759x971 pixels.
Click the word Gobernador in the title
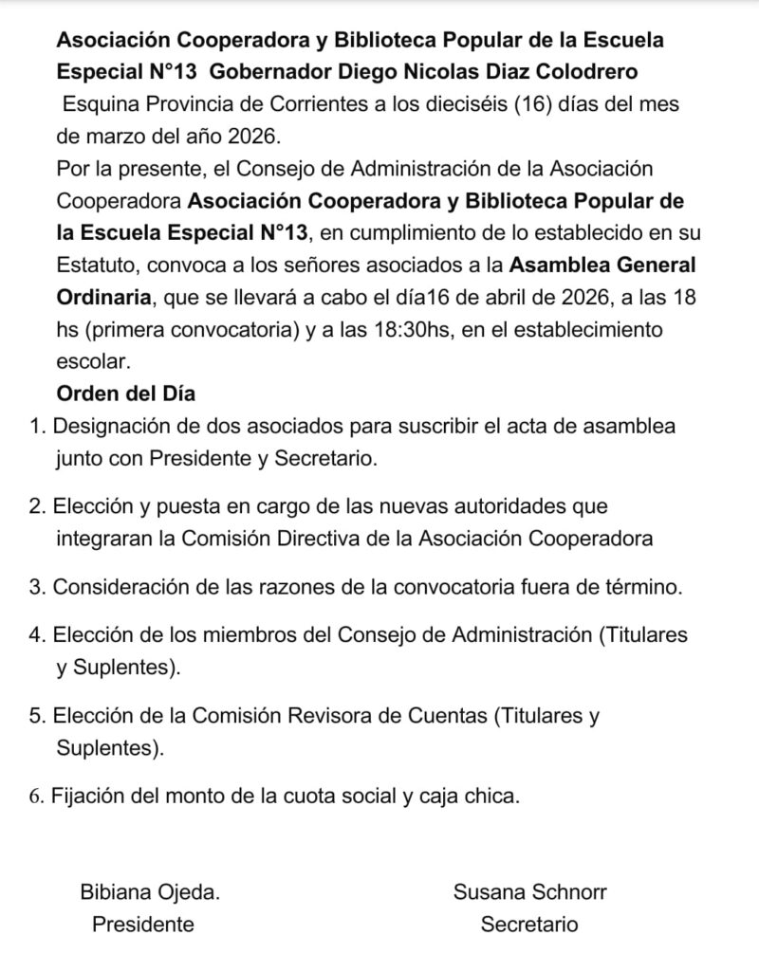272,72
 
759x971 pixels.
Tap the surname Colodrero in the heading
588,72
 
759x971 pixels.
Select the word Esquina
97,104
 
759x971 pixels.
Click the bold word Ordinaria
103,296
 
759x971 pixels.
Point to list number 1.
38,426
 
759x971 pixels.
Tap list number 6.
37,795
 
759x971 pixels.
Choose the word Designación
113,426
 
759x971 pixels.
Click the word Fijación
89,795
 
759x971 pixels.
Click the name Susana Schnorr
529,891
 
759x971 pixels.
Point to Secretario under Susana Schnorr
528,924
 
